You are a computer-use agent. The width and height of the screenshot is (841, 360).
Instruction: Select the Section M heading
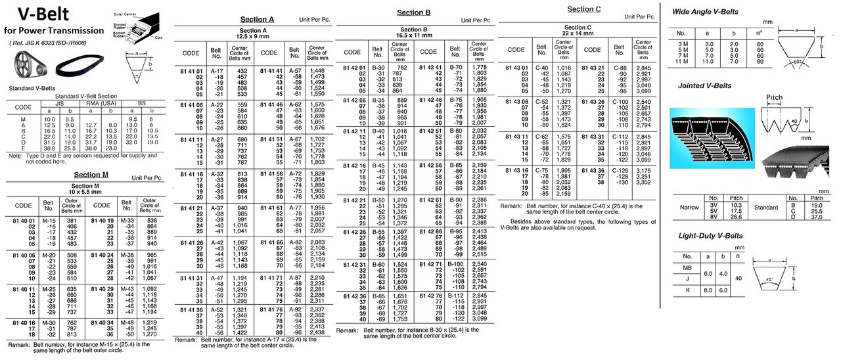point(91,175)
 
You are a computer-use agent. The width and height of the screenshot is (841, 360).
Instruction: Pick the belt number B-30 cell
point(378,67)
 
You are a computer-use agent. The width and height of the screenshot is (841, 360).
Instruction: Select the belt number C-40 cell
point(542,68)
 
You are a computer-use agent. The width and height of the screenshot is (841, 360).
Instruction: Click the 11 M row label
point(681,62)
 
